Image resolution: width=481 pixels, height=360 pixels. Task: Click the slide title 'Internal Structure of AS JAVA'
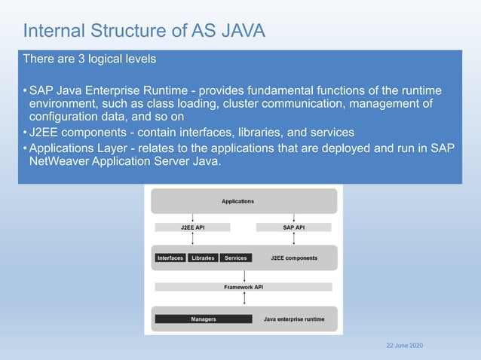pyautogui.click(x=144, y=31)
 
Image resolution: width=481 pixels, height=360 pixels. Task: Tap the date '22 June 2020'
pyautogui.click(x=404, y=345)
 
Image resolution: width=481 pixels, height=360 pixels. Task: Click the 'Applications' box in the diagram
pyautogui.click(x=237, y=201)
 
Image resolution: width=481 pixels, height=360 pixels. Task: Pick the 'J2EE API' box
pyautogui.click(x=192, y=227)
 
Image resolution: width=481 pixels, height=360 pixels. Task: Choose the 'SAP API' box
pyautogui.click(x=293, y=227)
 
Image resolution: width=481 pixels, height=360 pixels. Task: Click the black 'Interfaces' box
pyautogui.click(x=170, y=258)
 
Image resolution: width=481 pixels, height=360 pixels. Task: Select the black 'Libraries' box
pyautogui.click(x=203, y=258)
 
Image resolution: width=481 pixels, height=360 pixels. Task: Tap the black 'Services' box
pyautogui.click(x=235, y=258)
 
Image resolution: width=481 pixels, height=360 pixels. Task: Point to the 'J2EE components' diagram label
pyautogui.click(x=293, y=258)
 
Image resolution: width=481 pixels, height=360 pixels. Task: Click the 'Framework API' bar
pyautogui.click(x=244, y=287)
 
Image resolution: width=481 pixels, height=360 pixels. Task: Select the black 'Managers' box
pyautogui.click(x=203, y=319)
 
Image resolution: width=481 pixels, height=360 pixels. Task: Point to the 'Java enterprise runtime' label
pyautogui.click(x=294, y=319)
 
